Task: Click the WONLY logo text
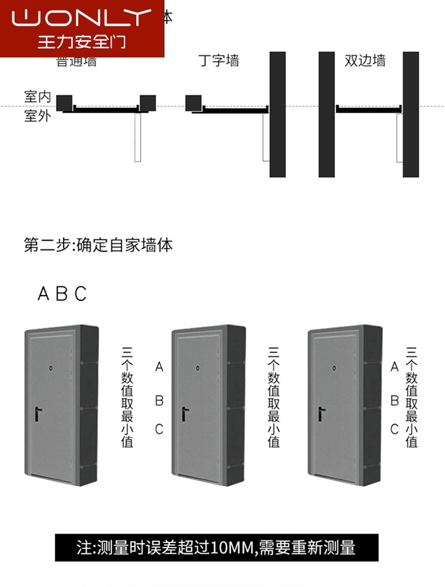point(82,18)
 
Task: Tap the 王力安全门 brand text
point(82,42)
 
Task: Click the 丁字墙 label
point(219,60)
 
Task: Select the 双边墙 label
point(365,60)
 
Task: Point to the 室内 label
point(38,96)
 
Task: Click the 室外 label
point(38,117)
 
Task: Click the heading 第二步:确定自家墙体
point(98,246)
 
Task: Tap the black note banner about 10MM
point(216,547)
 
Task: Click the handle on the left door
point(37,415)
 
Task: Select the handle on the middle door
point(184,415)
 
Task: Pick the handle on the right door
point(321,414)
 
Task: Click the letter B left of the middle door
point(159,401)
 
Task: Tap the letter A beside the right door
point(395,367)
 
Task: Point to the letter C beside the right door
point(395,429)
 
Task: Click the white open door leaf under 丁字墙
point(266,137)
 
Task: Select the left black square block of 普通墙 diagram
point(65,103)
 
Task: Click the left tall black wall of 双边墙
point(327,114)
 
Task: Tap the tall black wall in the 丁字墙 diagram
point(277,114)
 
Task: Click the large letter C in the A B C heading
point(81,293)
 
